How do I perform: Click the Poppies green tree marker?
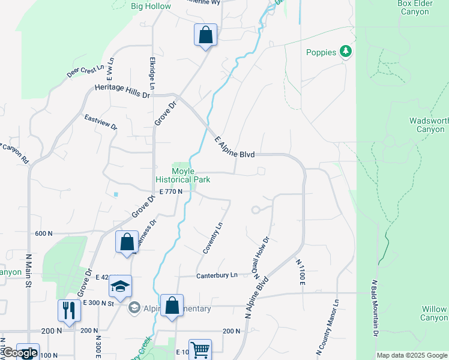(345, 52)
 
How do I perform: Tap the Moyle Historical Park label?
(182, 175)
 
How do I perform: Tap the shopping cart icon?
(200, 349)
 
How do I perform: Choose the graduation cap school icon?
(121, 287)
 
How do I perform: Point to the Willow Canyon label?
(433, 314)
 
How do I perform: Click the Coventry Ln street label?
(213, 238)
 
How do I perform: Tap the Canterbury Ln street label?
(217, 275)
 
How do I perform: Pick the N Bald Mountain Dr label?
(375, 316)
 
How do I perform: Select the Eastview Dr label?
(101, 122)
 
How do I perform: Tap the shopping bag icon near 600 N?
(127, 242)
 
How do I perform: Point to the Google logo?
(20, 353)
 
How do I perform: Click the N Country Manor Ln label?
(337, 325)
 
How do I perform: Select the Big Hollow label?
(151, 6)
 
